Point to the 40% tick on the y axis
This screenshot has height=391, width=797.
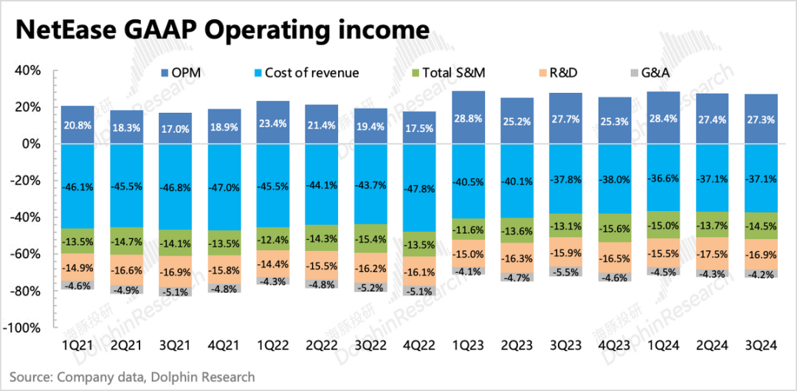tap(27, 71)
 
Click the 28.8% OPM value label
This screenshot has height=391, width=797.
tap(468, 118)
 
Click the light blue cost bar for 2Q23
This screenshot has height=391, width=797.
tap(517, 181)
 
